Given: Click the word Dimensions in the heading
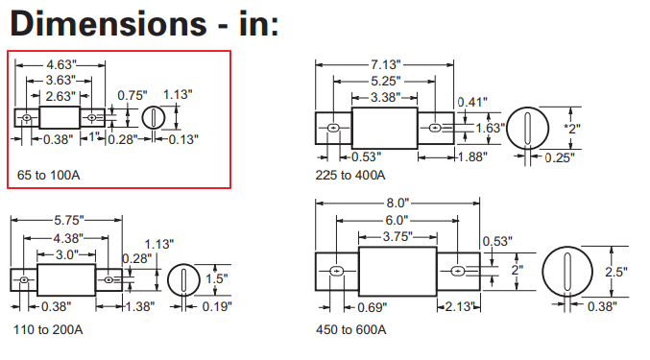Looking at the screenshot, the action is [x=108, y=23].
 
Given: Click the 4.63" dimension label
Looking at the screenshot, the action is [x=61, y=64].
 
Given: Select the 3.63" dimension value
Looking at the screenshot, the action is [x=60, y=80].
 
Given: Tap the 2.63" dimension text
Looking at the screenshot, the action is [x=60, y=96].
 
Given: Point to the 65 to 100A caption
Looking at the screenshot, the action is [x=49, y=176].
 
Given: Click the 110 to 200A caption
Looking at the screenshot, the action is [x=48, y=329].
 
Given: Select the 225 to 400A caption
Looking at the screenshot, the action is [x=350, y=176].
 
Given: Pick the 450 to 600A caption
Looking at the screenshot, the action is [x=351, y=329].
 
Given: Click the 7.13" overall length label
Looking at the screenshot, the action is [x=386, y=64].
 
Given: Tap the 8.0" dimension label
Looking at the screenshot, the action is [x=397, y=203].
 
